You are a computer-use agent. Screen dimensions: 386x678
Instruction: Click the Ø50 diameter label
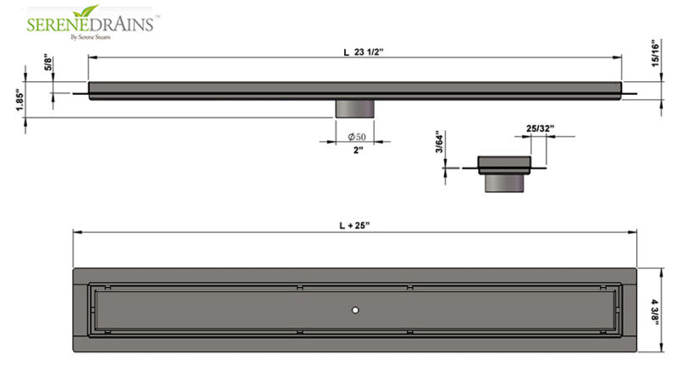[x=357, y=136]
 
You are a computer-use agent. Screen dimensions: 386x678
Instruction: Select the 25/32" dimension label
[x=540, y=129]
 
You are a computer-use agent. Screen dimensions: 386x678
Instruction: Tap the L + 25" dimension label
[x=356, y=226]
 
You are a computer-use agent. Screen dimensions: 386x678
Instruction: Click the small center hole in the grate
[x=356, y=311]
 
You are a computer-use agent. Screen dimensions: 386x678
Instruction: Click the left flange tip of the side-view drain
[x=75, y=92]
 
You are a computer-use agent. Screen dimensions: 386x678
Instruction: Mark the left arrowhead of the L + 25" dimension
[x=75, y=234]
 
